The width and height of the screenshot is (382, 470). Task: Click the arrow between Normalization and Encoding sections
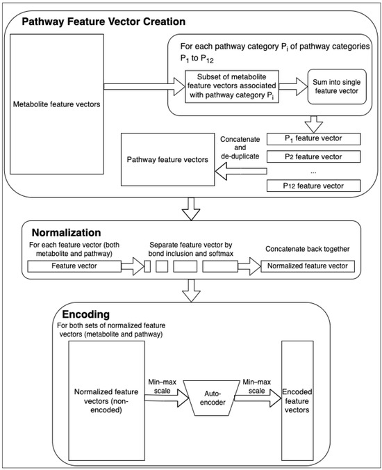(191, 290)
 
